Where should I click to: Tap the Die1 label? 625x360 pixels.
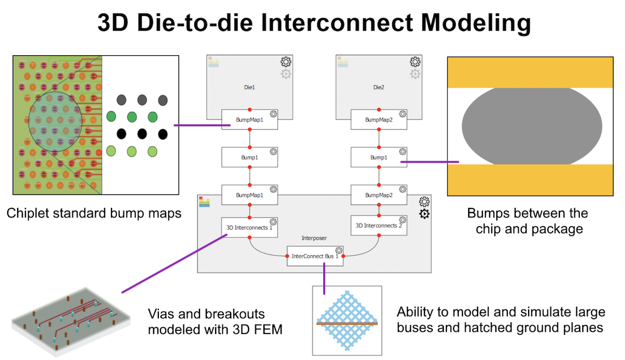(249, 88)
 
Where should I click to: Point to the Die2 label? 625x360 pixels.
(378, 88)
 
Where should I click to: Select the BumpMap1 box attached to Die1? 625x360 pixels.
(249, 119)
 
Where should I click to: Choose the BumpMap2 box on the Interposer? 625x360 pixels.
(378, 195)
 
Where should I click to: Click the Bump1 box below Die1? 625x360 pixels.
(249, 157)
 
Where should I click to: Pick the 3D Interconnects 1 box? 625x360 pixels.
(249, 227)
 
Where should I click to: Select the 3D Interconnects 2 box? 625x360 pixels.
(378, 226)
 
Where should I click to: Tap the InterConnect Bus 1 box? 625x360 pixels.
(315, 256)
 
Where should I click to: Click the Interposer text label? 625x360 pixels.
(314, 238)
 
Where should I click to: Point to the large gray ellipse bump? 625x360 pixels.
(532, 126)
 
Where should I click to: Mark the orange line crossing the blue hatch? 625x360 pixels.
(346, 324)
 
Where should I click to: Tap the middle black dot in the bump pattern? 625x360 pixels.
(141, 133)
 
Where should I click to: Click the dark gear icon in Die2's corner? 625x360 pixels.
(415, 62)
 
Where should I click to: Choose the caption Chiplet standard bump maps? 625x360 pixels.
(94, 213)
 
